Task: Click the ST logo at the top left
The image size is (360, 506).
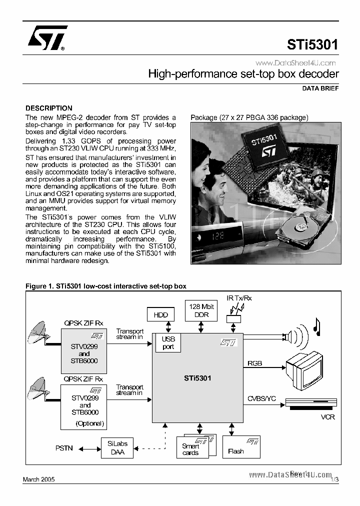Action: point(45,39)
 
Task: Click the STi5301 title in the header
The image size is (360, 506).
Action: point(312,45)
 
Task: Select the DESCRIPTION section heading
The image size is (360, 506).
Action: point(49,108)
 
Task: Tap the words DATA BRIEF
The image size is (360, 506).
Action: point(320,88)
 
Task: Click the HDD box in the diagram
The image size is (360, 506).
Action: point(160,314)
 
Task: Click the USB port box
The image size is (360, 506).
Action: point(168,343)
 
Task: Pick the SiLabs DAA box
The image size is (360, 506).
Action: point(117,447)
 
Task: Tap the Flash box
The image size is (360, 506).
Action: point(236,451)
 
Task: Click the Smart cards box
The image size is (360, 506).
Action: point(190,449)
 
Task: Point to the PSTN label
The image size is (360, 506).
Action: point(64,448)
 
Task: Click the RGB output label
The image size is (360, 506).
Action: point(254,363)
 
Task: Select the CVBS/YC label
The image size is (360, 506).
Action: point(261,398)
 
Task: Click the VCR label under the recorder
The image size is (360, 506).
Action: point(327,416)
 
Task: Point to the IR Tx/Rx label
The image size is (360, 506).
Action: point(239,298)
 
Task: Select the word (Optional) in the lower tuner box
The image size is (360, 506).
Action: point(89,423)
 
